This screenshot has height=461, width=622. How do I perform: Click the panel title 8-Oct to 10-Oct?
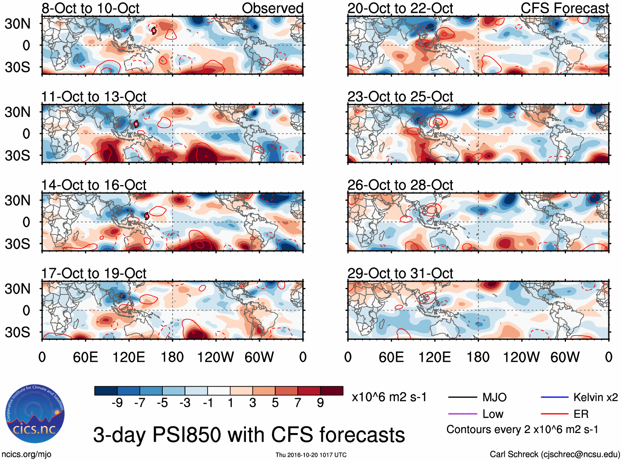[91, 8]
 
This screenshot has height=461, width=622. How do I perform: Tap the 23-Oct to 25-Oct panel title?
[400, 97]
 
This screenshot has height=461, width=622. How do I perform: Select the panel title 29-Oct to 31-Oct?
[400, 273]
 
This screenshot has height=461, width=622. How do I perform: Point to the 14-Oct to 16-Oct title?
[94, 185]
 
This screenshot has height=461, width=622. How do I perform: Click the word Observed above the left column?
[272, 8]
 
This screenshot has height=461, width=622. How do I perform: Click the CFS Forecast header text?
[564, 8]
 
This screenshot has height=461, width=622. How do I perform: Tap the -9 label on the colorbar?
[117, 403]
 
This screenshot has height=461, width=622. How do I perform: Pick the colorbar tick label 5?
[275, 403]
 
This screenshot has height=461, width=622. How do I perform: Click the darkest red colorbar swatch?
[332, 391]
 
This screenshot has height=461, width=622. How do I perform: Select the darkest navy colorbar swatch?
[106, 391]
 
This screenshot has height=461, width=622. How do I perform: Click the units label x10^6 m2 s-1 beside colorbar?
[389, 397]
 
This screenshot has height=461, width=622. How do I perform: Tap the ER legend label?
[581, 414]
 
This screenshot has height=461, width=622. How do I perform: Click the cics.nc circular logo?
[35, 414]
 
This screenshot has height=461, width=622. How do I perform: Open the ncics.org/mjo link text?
[26, 454]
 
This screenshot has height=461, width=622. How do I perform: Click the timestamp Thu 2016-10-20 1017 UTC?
[311, 455]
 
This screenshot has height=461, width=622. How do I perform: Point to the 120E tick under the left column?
[129, 357]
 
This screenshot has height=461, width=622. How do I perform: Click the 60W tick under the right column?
[565, 357]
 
